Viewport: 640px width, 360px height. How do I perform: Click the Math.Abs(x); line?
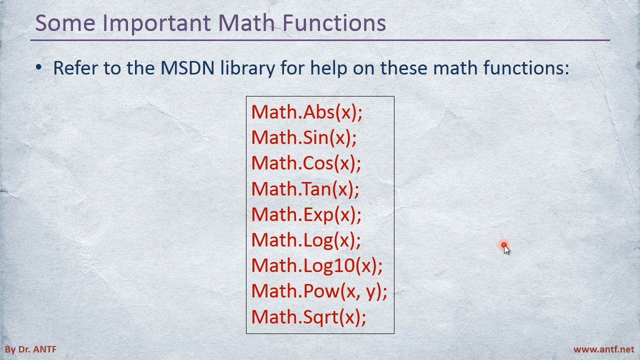click(x=307, y=112)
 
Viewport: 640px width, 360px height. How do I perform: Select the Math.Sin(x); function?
click(x=304, y=137)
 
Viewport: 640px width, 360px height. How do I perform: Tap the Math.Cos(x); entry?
click(x=306, y=163)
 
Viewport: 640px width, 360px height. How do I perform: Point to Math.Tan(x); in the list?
click(x=305, y=189)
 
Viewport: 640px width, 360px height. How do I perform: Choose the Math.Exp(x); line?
click(x=306, y=214)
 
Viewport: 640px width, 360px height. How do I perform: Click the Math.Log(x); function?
click(x=306, y=240)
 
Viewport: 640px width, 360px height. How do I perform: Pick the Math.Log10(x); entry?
click(x=317, y=265)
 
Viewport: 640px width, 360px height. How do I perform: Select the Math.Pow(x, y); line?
click(x=319, y=291)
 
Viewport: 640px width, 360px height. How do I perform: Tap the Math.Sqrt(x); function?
click(x=308, y=317)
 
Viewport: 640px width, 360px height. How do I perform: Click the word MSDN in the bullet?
click(x=187, y=68)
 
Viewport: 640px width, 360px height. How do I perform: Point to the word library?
click(x=247, y=69)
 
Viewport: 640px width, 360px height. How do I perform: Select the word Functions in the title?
click(x=334, y=23)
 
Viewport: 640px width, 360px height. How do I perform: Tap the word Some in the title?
click(x=65, y=23)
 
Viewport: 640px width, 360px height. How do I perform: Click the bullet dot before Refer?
click(x=38, y=67)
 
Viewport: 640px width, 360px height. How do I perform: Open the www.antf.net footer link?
click(x=603, y=349)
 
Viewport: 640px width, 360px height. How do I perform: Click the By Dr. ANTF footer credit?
click(x=31, y=349)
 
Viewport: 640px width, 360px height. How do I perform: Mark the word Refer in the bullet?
click(x=75, y=68)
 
